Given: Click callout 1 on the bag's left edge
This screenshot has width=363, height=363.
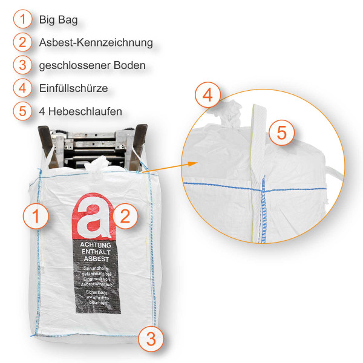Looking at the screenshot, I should point(35,216).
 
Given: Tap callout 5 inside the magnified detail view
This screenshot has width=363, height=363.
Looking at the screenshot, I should point(281,131).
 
